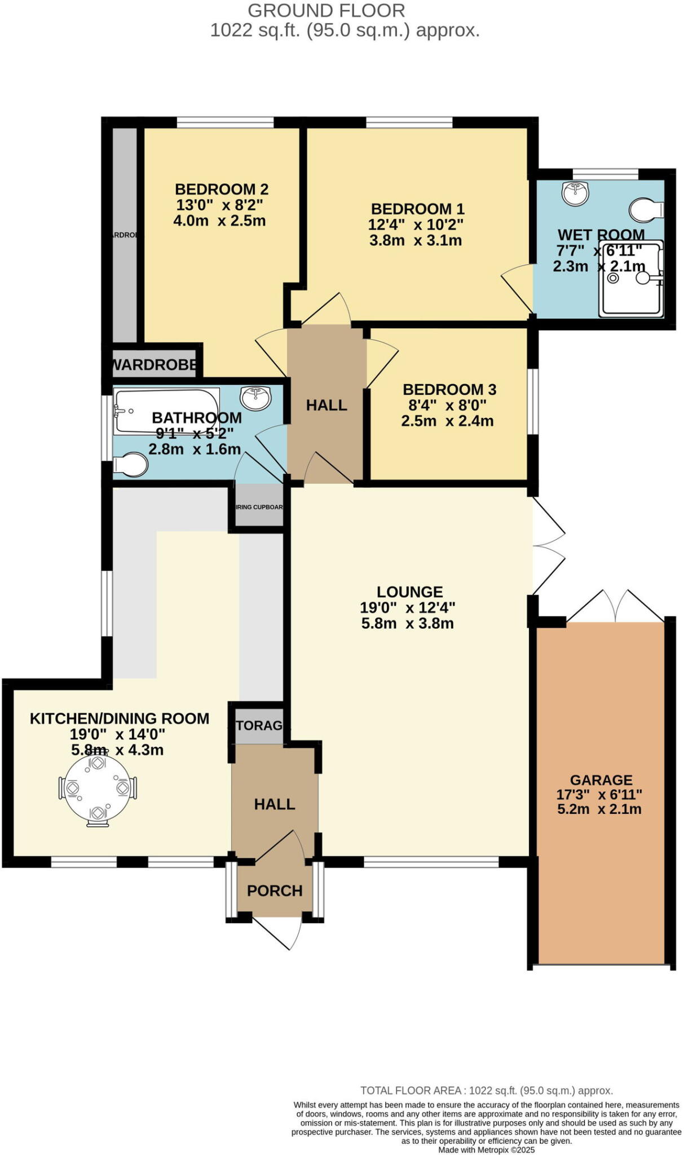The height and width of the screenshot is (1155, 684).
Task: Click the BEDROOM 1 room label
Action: (417, 209)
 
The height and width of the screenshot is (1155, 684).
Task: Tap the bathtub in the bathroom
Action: (166, 410)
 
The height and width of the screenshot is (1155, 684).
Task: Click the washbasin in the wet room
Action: (575, 193)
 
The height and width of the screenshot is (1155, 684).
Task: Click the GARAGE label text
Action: (601, 780)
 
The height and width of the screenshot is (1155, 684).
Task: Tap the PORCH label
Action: (275, 891)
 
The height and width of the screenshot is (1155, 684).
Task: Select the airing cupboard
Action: (259, 506)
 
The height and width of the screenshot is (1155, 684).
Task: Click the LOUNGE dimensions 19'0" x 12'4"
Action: (407, 607)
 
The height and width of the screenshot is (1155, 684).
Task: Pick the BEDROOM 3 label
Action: (449, 389)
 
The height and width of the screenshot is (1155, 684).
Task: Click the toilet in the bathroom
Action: (131, 465)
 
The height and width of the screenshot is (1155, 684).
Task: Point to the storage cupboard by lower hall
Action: (259, 725)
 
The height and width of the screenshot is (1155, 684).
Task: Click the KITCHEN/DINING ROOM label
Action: (120, 718)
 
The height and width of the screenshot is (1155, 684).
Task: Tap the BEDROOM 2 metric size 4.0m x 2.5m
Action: (219, 221)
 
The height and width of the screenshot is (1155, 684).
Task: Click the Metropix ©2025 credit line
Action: (486, 1149)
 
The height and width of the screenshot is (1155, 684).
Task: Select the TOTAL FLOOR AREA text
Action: (486, 1090)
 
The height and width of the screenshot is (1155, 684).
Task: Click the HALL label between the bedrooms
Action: (326, 405)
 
